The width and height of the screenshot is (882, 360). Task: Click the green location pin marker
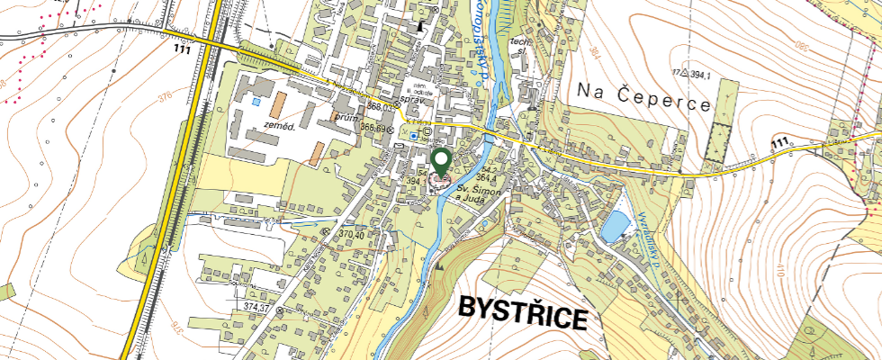point(441,162)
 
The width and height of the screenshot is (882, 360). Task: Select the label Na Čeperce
point(643,94)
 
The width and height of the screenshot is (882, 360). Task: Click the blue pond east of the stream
point(616,226)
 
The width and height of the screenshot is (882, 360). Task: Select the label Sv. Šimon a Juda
point(477,195)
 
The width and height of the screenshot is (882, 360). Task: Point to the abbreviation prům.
point(346,117)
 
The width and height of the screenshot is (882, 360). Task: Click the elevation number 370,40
point(352,234)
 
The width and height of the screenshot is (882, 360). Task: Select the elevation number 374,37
point(256,308)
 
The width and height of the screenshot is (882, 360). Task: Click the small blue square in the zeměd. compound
point(256,102)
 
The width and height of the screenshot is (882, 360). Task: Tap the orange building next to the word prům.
point(316,153)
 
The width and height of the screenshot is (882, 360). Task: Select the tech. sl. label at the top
point(517,47)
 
